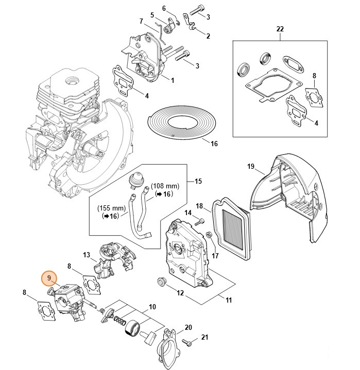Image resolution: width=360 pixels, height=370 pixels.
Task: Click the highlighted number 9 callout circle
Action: pos(49,278)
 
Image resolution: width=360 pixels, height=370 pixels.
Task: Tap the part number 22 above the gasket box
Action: pos(280,29)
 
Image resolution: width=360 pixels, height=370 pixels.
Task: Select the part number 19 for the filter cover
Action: pos(251,166)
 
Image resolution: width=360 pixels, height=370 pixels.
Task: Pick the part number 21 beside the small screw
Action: pos(204,338)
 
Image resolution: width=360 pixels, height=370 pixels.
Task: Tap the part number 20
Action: pos(188,327)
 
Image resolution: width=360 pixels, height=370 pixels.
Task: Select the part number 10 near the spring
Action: pos(152,307)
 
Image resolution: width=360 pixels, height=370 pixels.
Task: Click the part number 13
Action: pos(87,255)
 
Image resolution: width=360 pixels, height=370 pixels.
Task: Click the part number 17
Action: pos(215,255)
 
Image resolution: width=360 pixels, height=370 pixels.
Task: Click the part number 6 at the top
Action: pos(164,8)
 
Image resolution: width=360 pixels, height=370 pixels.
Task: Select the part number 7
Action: pos(141,21)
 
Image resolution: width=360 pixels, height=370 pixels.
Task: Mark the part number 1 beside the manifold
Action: pos(172,80)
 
